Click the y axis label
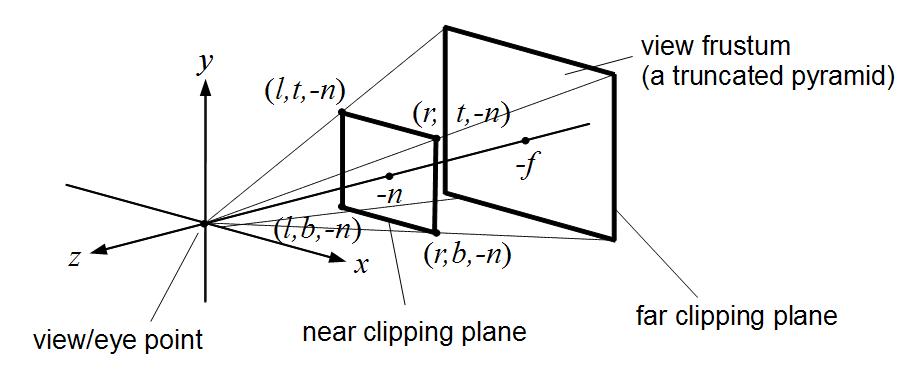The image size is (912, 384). (205, 65)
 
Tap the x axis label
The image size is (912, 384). (362, 266)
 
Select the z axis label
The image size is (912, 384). (75, 257)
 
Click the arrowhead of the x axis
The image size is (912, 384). (339, 258)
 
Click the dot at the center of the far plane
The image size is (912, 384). (526, 140)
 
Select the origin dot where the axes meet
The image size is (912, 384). (205, 223)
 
